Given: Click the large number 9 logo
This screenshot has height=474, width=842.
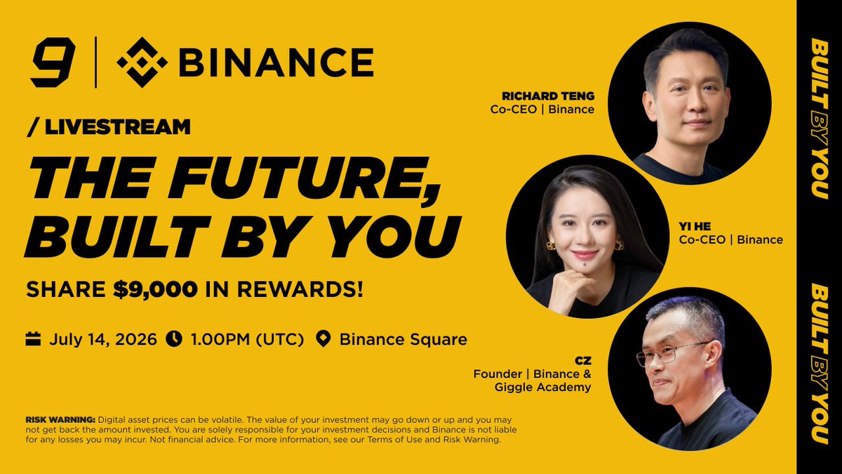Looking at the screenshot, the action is point(53,62).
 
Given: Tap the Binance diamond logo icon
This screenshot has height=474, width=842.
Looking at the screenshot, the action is point(142,62).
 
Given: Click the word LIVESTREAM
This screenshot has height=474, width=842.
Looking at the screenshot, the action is point(118,127).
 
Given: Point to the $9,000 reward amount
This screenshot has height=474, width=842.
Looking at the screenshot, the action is point(155,289).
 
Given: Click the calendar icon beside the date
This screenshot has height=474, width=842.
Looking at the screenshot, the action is point(33,338).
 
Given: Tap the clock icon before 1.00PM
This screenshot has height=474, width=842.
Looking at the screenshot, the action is point(174,338).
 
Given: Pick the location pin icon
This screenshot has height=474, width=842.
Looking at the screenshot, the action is point(323,339).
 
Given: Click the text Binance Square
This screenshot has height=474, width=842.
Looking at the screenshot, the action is point(403,339).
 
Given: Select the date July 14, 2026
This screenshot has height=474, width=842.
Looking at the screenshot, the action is point(103,339).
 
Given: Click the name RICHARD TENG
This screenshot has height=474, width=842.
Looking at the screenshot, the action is point(548,96).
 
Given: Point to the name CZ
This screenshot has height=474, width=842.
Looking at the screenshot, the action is point(583,361).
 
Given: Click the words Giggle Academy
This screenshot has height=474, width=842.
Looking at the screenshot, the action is point(543,388).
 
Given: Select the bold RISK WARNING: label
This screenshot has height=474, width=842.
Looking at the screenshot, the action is point(60,420).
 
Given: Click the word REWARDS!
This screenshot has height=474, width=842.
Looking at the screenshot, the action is point(300,289).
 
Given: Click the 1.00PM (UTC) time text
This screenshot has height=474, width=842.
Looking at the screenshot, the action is point(247,339).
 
